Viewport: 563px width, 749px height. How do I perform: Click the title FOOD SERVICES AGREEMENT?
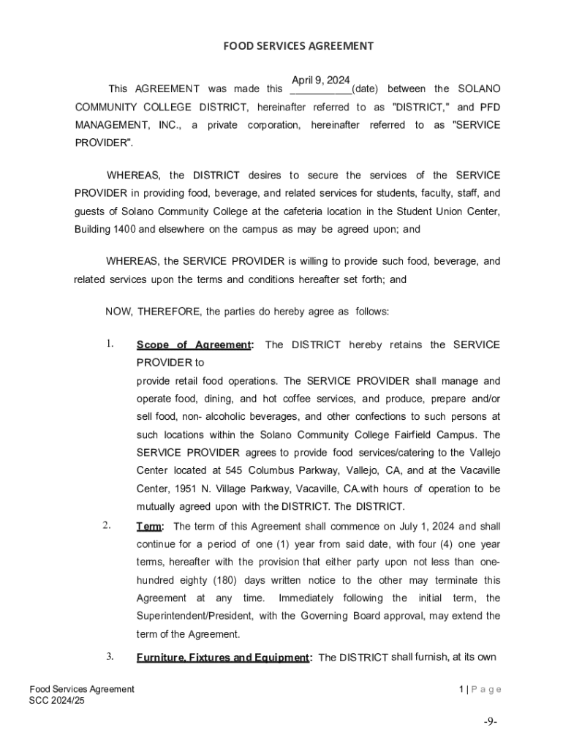point(298,46)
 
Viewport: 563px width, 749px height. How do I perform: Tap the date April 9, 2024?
point(320,80)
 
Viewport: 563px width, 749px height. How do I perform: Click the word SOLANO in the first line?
point(479,89)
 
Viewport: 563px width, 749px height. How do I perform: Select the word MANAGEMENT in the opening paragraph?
point(109,125)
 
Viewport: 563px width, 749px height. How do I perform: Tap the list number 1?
point(110,344)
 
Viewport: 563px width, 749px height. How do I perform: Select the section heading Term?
point(150,527)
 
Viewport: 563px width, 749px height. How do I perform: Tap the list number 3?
point(110,656)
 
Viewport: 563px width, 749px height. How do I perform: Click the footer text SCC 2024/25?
point(57,700)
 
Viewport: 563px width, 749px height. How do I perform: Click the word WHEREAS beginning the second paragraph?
point(135,176)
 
